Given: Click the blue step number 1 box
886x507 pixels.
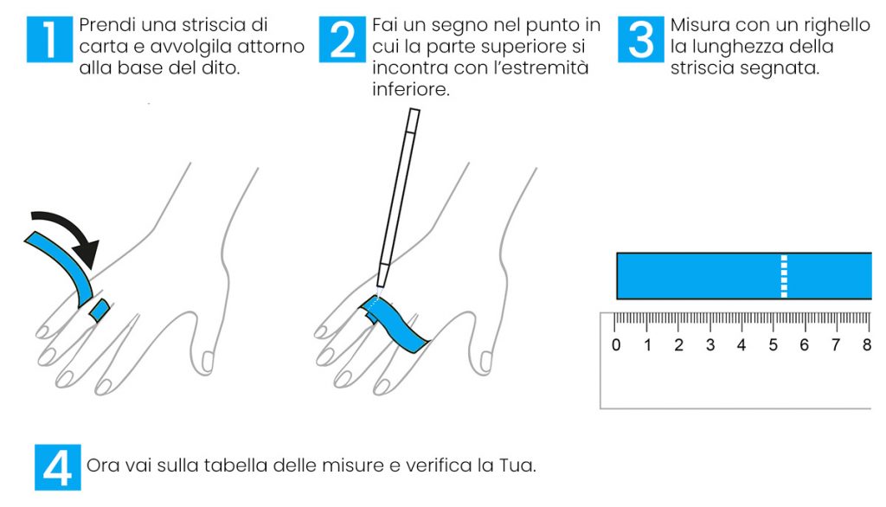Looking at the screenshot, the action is coord(49,39).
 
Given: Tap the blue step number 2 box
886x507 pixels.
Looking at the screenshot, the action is coord(343,39).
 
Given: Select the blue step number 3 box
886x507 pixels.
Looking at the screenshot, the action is coord(641,39).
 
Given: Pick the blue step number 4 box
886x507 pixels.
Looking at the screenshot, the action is coord(58,467).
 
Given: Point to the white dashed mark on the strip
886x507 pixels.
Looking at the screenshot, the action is coord(784,276).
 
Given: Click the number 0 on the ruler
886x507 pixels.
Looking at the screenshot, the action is coord(616,345).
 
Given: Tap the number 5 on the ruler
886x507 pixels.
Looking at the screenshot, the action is coord(773,345).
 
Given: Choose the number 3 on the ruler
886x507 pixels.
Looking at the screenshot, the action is coord(710,345).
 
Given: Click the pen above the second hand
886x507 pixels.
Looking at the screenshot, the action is coord(398,198).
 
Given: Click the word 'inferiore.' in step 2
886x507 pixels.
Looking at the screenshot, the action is coord(411,89).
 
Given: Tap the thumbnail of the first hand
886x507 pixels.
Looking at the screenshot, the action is coord(208,362).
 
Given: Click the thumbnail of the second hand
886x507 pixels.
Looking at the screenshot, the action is coord(485,362).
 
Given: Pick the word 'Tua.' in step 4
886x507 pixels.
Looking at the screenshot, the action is coord(517,465).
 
